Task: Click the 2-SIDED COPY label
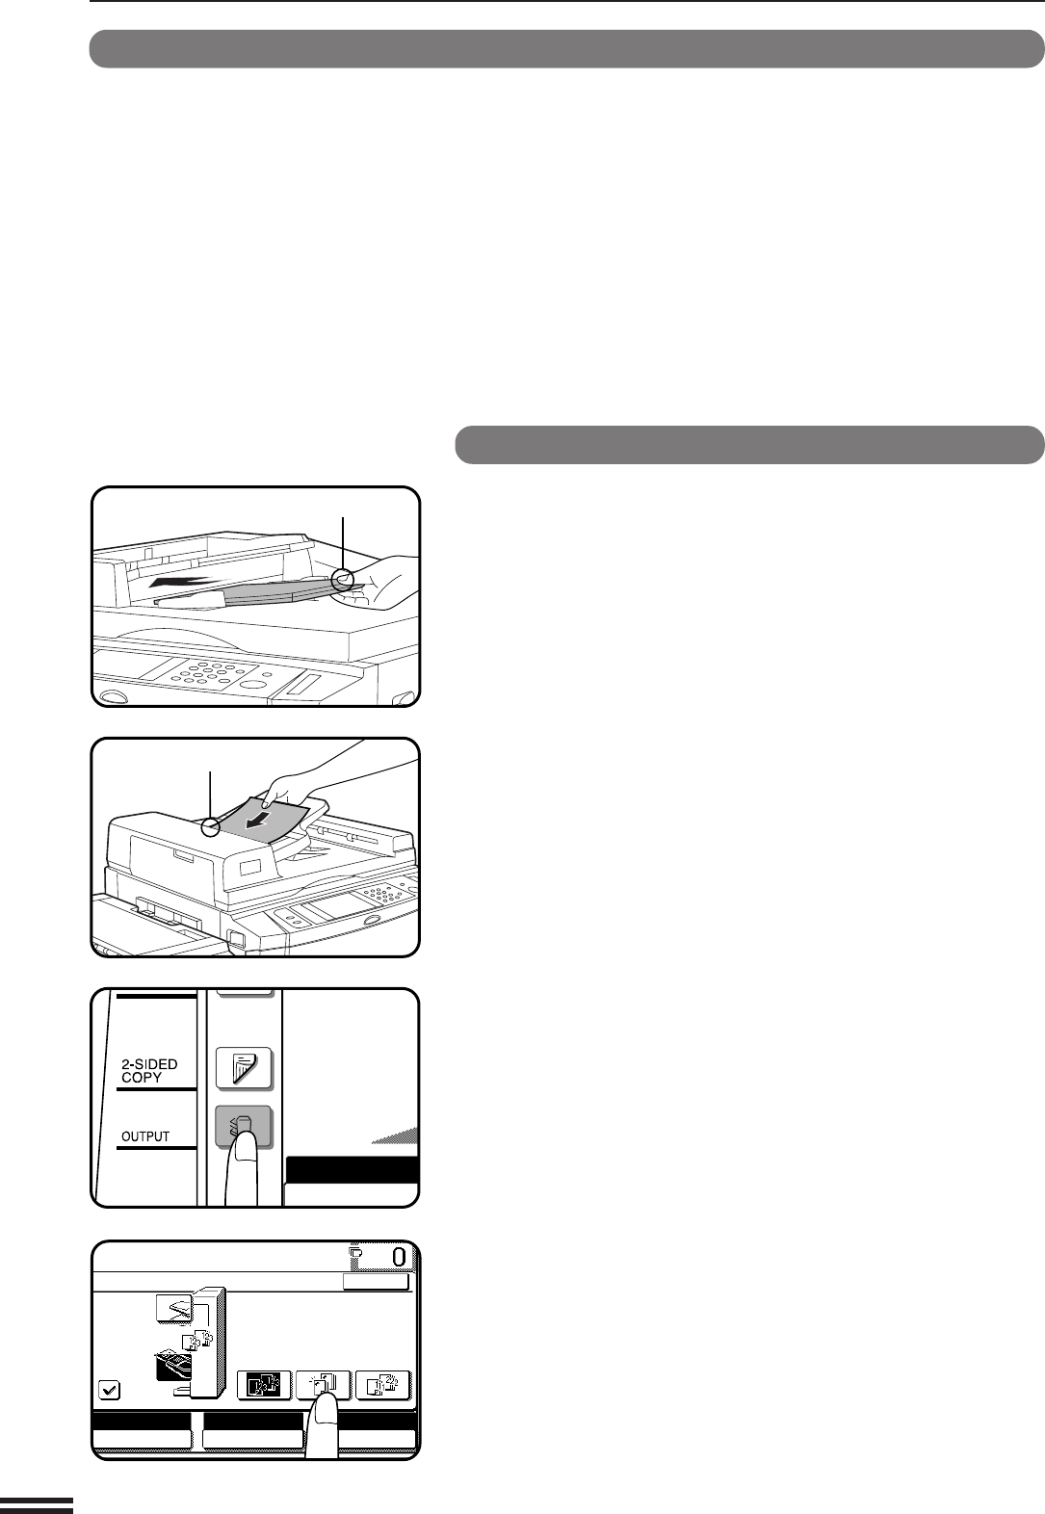click(149, 1071)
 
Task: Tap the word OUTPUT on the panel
click(145, 1136)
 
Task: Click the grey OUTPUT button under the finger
click(244, 1125)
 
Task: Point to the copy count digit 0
click(400, 1257)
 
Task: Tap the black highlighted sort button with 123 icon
click(264, 1384)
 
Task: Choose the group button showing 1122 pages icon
click(382, 1384)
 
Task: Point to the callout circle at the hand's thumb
click(343, 579)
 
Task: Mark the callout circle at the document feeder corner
click(212, 827)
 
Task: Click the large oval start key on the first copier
click(254, 685)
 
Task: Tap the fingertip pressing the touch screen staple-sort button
click(327, 1402)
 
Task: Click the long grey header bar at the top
click(567, 49)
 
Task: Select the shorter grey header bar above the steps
click(749, 445)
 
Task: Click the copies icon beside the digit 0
click(355, 1255)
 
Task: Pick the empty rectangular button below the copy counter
click(376, 1282)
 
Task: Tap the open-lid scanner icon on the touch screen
click(174, 1310)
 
